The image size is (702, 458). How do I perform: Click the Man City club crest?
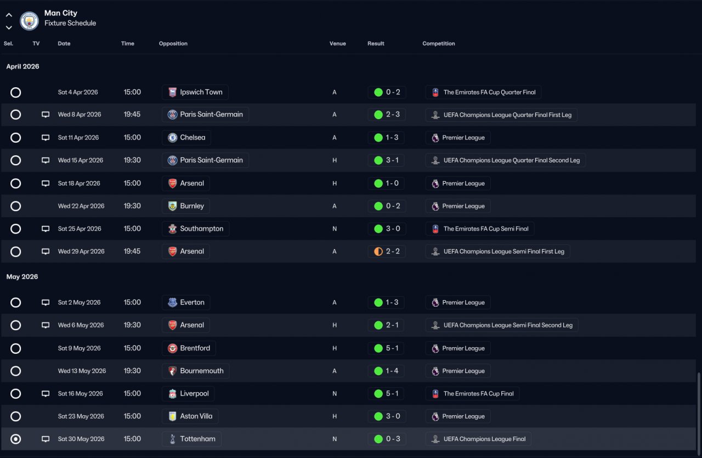click(29, 21)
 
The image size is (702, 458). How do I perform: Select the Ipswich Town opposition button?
click(195, 92)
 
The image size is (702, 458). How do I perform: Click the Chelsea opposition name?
click(193, 137)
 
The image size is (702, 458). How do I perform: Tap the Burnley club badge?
click(172, 206)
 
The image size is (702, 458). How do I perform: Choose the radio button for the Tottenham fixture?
click(16, 439)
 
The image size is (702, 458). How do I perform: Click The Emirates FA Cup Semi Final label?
click(486, 229)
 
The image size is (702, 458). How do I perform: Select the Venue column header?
click(337, 43)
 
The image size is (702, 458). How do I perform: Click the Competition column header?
click(438, 43)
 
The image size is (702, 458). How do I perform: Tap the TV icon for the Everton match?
click(46, 303)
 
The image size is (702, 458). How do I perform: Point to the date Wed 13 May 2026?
click(82, 371)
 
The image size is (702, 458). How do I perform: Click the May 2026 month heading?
click(22, 276)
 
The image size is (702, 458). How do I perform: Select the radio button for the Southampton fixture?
click(16, 229)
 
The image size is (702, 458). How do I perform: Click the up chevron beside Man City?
click(9, 15)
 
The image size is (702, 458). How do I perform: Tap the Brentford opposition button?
click(189, 348)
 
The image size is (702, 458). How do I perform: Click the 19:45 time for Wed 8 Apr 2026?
click(132, 115)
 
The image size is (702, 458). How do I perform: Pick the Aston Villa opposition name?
click(196, 416)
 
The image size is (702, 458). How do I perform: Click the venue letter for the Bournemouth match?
click(335, 371)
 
